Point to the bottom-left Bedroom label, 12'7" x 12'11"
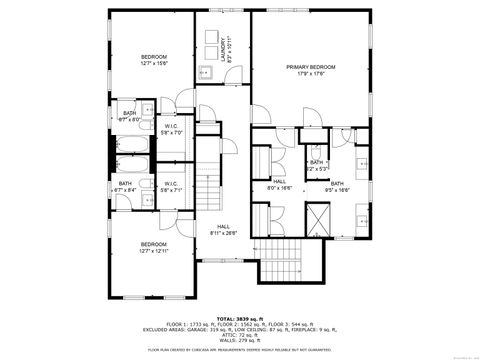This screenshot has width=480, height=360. point(153,248)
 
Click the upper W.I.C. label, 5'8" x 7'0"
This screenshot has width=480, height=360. point(171,129)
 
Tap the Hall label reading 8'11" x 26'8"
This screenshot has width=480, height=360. point(222,230)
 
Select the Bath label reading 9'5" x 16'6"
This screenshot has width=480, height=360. point(337,186)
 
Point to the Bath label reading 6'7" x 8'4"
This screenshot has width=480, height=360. point(126,186)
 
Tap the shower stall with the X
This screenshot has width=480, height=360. point(320,217)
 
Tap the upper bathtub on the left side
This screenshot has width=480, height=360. point(132,141)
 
